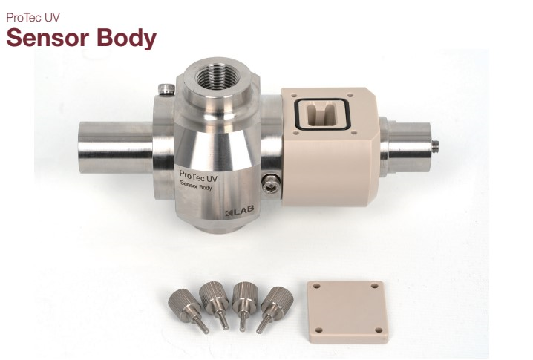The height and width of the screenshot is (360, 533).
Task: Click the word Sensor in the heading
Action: [x=48, y=37]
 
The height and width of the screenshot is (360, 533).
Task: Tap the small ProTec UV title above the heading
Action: [x=33, y=18]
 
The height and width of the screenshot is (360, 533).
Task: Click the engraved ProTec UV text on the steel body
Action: [x=198, y=175]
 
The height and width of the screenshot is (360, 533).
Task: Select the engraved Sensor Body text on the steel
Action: [x=196, y=186]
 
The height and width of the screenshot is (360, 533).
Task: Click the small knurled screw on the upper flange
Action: [x=166, y=89]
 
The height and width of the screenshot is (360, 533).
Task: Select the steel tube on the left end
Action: [x=116, y=147]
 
